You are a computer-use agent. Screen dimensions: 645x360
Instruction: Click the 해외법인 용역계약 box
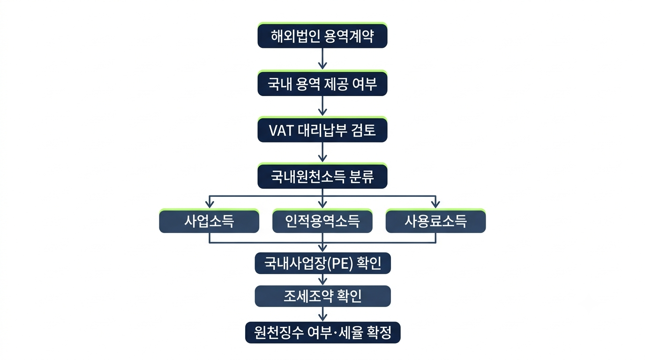tap(322, 35)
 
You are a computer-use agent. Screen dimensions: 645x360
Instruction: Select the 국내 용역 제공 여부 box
tap(322, 83)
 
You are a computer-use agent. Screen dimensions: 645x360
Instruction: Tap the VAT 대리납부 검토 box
tap(322, 129)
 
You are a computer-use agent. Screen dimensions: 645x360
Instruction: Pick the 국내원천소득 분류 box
tap(322, 176)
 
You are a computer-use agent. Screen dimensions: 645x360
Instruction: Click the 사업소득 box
tap(209, 221)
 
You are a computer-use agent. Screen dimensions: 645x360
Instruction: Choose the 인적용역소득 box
tap(322, 221)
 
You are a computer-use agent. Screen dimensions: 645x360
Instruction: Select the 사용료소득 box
tap(435, 221)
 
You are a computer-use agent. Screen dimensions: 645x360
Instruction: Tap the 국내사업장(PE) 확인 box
tap(322, 263)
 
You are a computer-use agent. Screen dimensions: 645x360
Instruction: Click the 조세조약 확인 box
tap(322, 296)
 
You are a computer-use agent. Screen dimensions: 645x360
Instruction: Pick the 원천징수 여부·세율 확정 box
tap(322, 332)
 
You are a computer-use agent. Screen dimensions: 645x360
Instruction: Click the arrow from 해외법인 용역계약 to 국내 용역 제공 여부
tap(322, 59)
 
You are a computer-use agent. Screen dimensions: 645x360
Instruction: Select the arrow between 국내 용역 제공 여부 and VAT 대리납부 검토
tap(322, 105)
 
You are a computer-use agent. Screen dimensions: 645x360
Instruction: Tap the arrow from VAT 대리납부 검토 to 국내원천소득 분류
tap(322, 152)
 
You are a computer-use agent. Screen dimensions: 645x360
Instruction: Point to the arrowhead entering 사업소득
tap(210, 204)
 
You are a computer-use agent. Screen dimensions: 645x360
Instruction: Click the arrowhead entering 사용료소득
tap(435, 204)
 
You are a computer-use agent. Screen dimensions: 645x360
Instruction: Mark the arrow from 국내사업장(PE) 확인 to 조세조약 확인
tap(322, 279)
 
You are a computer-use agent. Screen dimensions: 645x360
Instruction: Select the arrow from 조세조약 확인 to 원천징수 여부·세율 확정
tap(322, 314)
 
